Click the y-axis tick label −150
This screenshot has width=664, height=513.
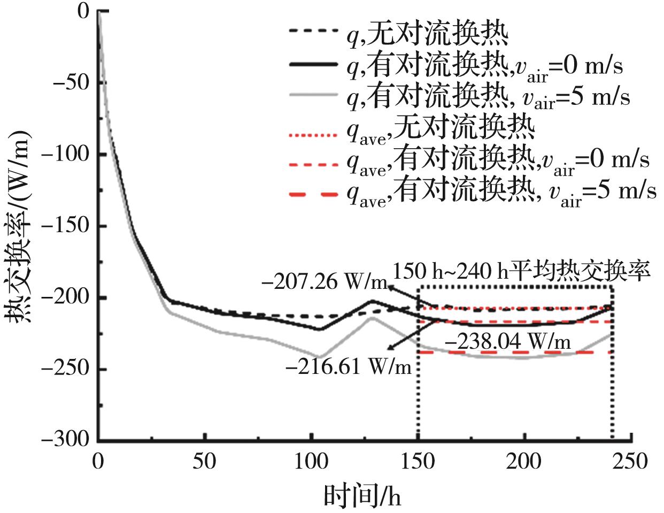[x=71, y=226]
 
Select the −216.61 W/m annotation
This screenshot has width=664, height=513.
[x=349, y=367]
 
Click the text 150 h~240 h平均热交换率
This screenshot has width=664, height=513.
[x=521, y=271]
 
